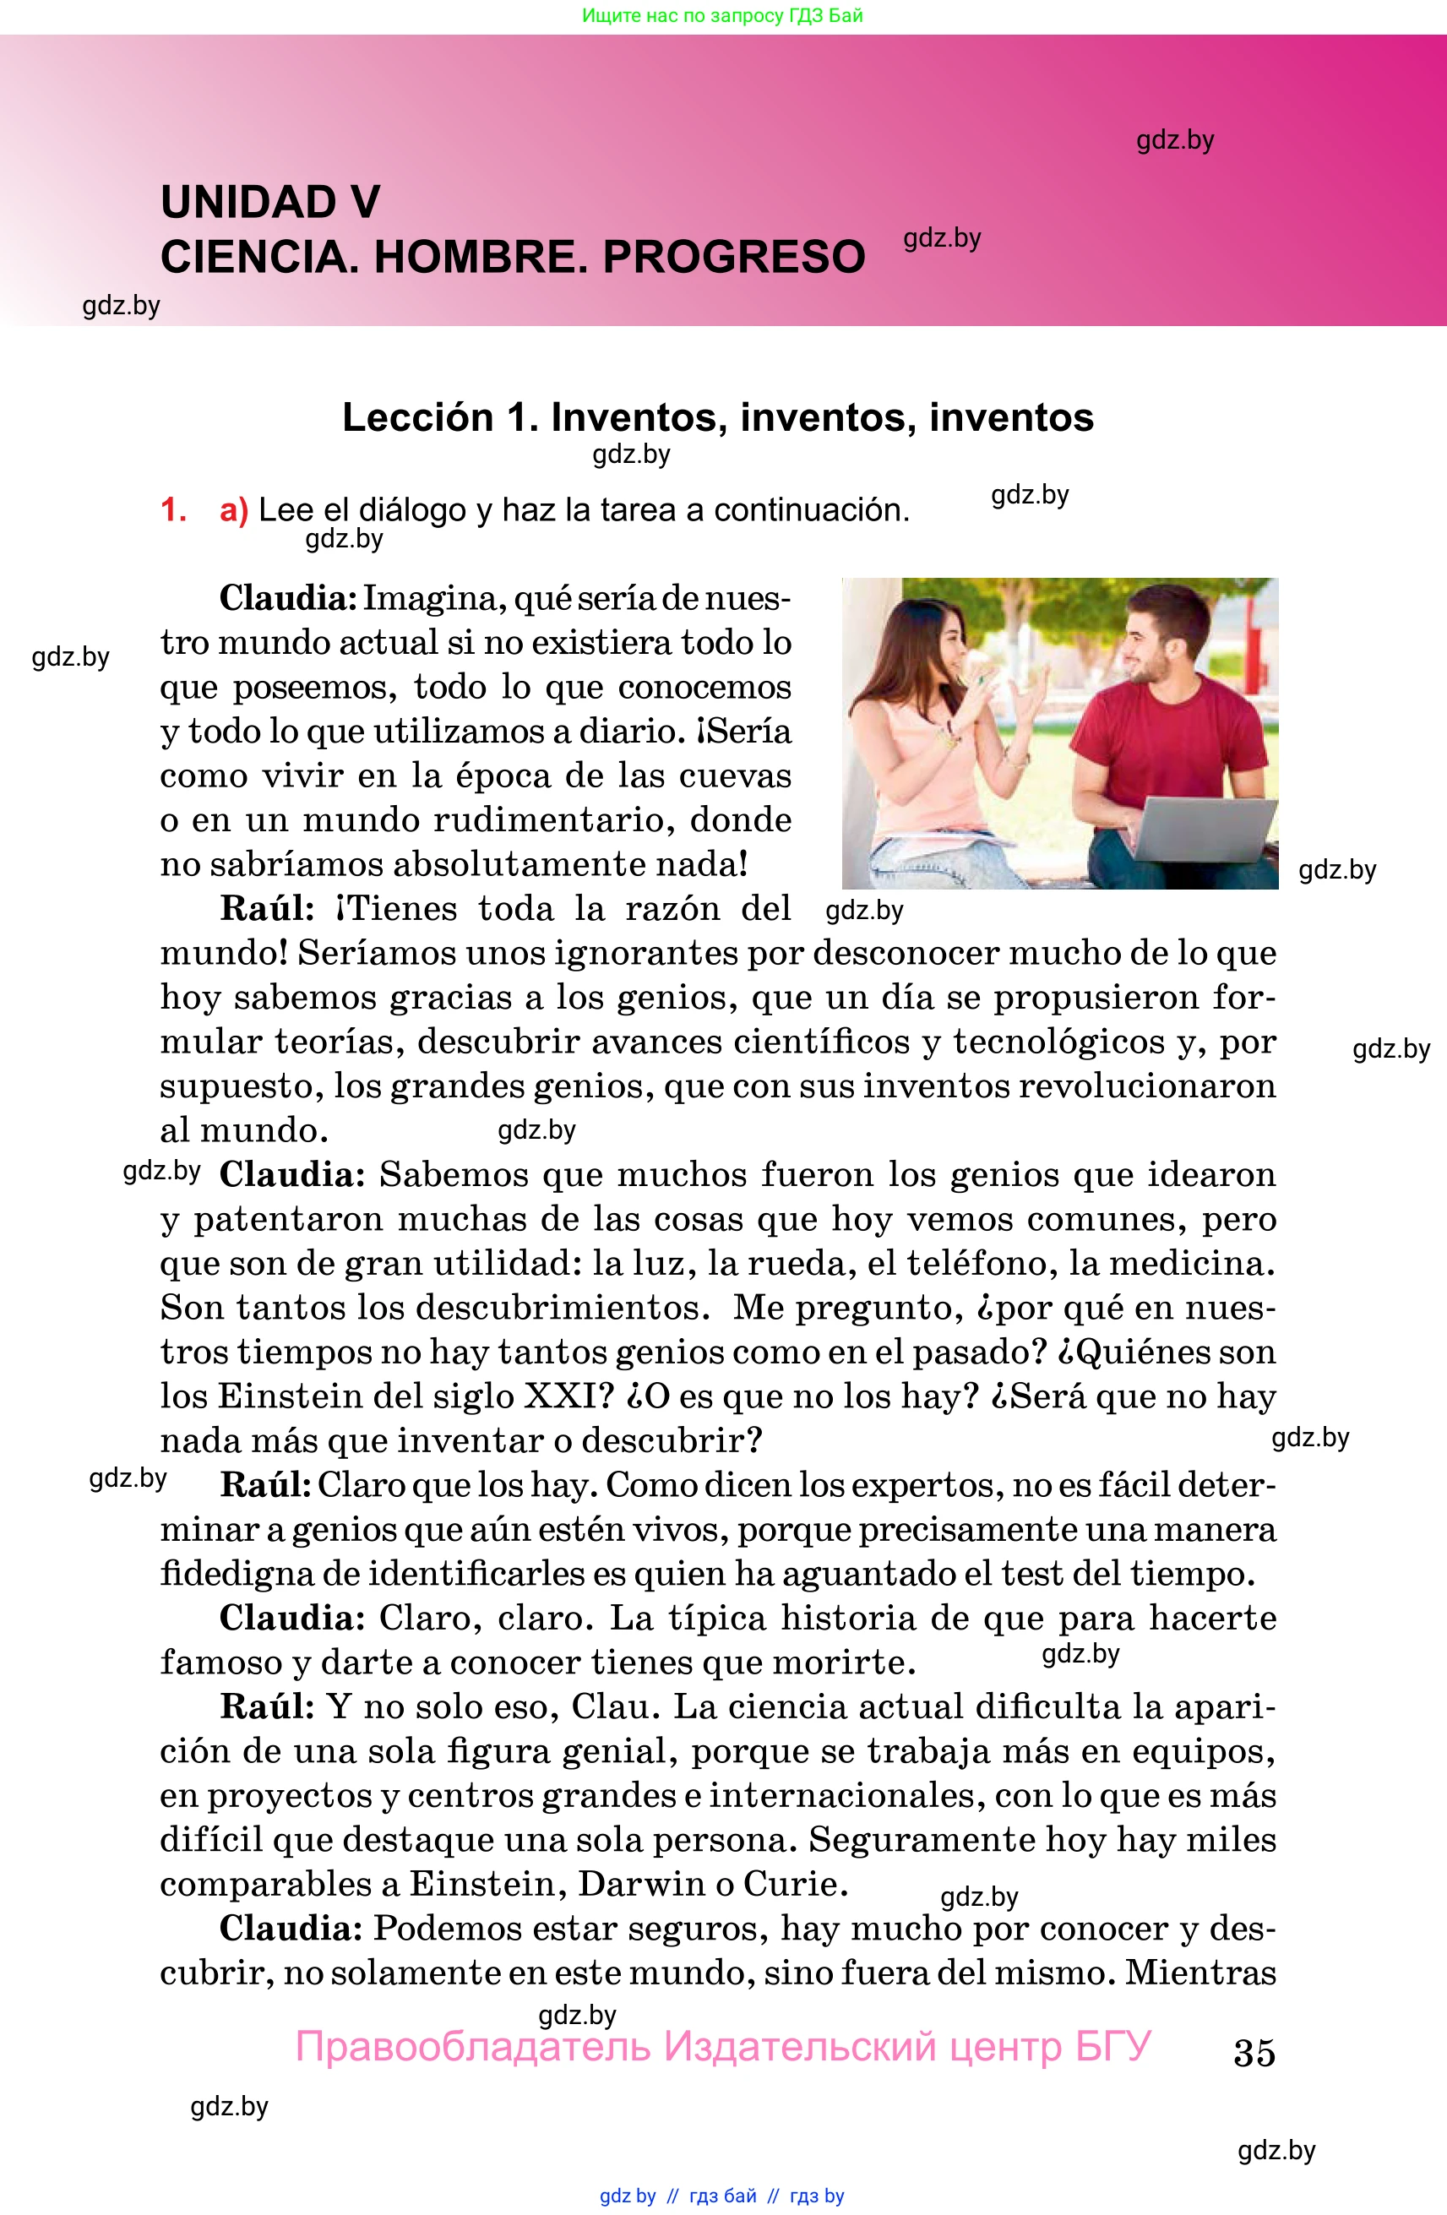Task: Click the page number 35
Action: (x=1254, y=2052)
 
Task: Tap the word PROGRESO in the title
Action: (x=734, y=257)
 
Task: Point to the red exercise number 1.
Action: (x=173, y=510)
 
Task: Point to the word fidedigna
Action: (x=237, y=1574)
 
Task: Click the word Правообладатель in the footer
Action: (x=473, y=2047)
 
